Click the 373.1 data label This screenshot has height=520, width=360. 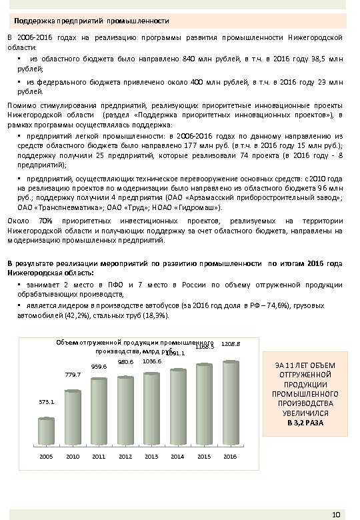click(x=47, y=403)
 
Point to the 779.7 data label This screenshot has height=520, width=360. click(x=73, y=375)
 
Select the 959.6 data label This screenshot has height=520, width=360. click(x=99, y=366)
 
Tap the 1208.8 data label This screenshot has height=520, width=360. click(x=231, y=344)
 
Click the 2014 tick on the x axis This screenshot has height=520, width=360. click(x=177, y=456)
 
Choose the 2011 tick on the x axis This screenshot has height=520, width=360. click(x=99, y=456)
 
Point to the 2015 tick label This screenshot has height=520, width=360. click(x=203, y=456)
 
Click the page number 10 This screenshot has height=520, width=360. click(x=336, y=513)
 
